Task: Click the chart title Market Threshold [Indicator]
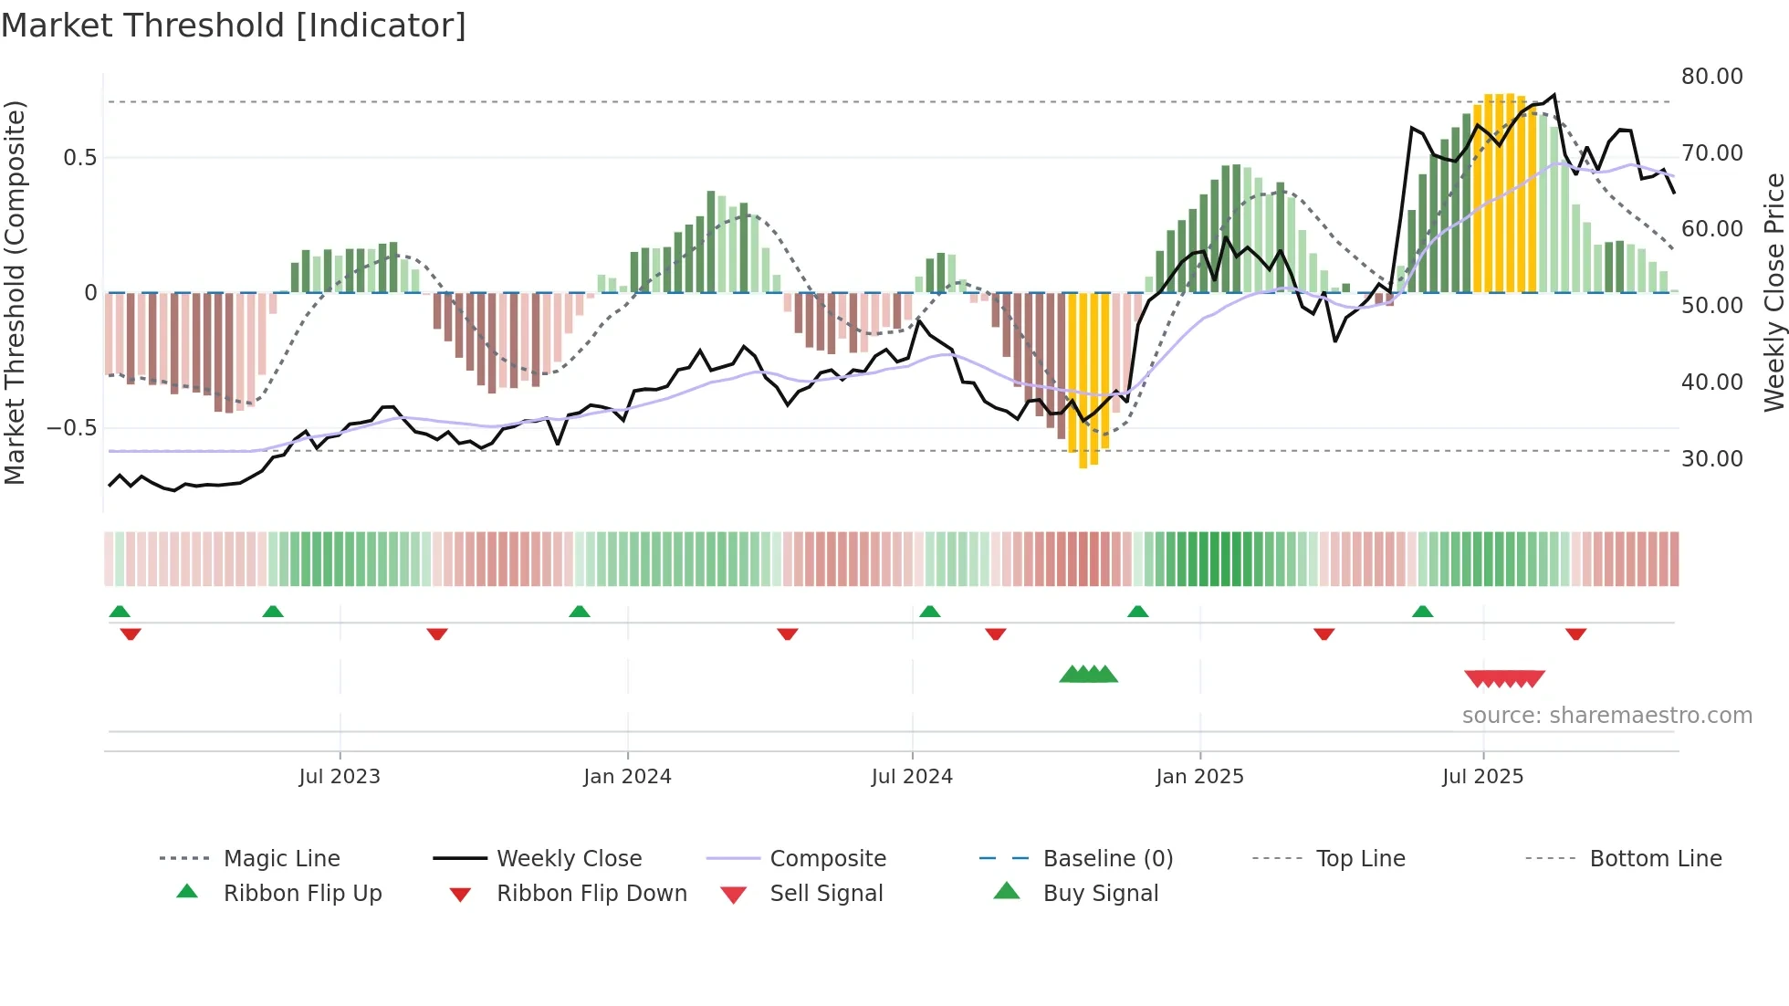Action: [x=234, y=26]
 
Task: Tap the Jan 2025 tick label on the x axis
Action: [x=1199, y=776]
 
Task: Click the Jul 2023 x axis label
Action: [x=340, y=776]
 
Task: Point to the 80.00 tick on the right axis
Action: [x=1711, y=77]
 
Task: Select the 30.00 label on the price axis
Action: [x=1711, y=458]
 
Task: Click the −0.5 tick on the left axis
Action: [x=72, y=428]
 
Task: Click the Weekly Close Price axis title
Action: [x=1773, y=292]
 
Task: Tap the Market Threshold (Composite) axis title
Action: [x=15, y=292]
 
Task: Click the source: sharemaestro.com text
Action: [x=1606, y=715]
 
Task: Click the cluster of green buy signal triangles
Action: [x=1088, y=675]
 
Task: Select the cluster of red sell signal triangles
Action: [x=1504, y=678]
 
